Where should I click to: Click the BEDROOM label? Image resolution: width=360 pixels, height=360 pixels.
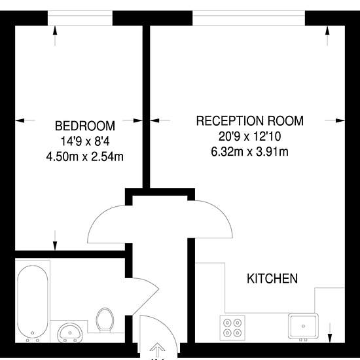[85, 126]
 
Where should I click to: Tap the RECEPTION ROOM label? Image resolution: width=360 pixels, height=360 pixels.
[250, 121]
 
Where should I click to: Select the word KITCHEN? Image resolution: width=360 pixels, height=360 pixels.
[272, 278]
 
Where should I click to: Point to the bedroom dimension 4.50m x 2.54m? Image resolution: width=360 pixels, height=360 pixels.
[85, 157]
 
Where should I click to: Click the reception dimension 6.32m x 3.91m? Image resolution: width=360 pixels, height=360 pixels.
[249, 152]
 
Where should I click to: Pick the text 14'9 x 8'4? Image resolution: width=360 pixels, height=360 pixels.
[85, 141]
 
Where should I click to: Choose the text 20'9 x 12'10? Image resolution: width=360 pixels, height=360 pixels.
[250, 136]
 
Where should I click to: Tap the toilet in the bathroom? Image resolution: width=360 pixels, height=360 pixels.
[105, 320]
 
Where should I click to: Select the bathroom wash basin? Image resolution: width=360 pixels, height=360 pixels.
[70, 333]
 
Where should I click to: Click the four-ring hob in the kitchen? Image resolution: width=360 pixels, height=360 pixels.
[232, 328]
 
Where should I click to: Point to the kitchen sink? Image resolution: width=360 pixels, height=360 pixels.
[303, 326]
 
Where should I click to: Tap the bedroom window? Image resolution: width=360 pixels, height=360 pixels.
[80, 18]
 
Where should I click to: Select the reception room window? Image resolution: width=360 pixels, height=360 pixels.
[249, 18]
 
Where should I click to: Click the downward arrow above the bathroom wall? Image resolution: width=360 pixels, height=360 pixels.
[55, 240]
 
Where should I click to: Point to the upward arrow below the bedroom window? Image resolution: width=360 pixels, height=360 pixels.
[55, 36]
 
